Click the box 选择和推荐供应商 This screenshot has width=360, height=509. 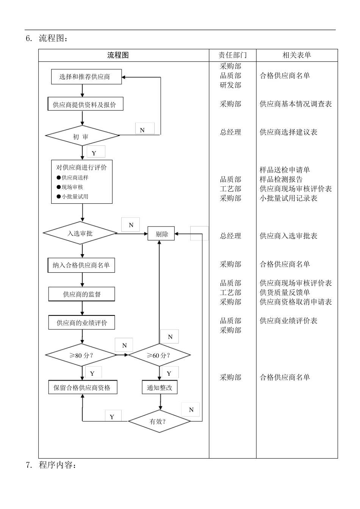(x=86, y=77)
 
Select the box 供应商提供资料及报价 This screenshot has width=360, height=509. (x=85, y=105)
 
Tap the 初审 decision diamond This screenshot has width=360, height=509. (x=82, y=136)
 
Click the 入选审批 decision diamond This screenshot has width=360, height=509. (x=80, y=233)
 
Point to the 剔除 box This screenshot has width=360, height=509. (x=161, y=234)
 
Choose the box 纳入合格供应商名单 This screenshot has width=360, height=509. (x=81, y=265)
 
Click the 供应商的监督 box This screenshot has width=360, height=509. (x=81, y=294)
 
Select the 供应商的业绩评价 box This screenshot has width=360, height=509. (x=81, y=323)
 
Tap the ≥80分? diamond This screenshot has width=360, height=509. (x=81, y=355)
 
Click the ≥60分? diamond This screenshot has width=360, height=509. (x=159, y=355)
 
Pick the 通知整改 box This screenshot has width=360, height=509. (x=160, y=387)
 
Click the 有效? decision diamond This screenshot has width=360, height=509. (x=159, y=421)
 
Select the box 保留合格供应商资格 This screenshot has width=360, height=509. (x=82, y=387)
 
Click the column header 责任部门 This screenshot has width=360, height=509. (x=232, y=55)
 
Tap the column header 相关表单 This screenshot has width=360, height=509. (x=297, y=55)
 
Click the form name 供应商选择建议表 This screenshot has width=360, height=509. (x=288, y=132)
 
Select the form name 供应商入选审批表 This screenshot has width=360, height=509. (x=288, y=236)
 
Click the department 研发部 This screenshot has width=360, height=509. (x=230, y=85)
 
